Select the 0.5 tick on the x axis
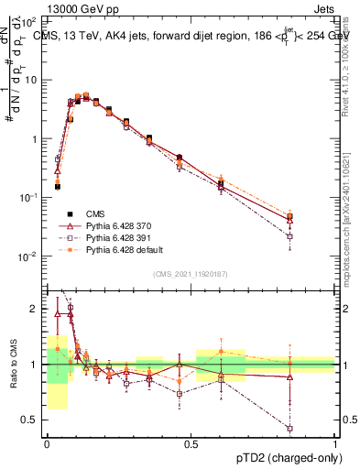point(191,444)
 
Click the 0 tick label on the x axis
point(47,444)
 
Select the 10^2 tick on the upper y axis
point(31,20)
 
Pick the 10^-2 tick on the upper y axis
point(31,256)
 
